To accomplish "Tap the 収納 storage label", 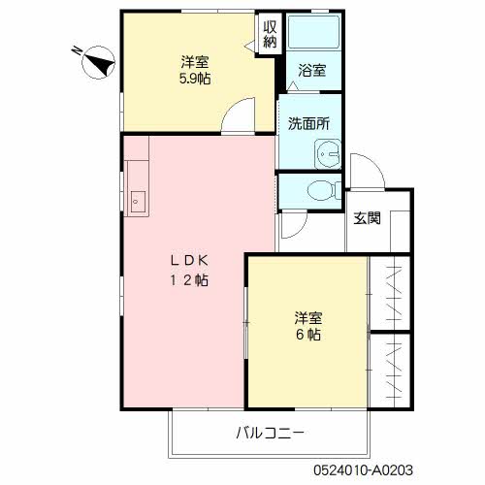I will [x=270, y=33].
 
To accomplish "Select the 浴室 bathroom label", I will [x=312, y=71].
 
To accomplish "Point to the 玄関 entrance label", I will [x=367, y=217].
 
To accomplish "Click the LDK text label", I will [x=191, y=260].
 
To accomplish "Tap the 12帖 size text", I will [x=191, y=280].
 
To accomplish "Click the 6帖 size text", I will [x=309, y=336].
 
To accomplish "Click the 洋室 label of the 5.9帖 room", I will [x=195, y=59].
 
